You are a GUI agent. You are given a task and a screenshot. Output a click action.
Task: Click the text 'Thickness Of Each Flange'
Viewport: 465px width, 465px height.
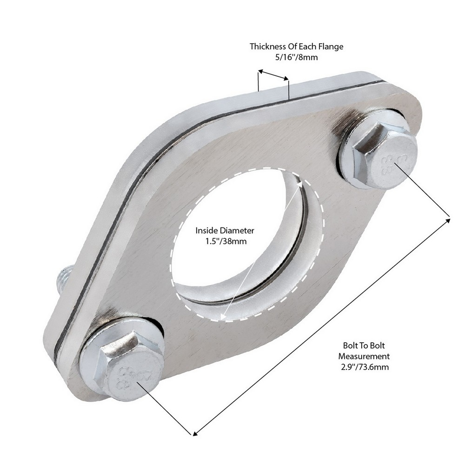point(296,46)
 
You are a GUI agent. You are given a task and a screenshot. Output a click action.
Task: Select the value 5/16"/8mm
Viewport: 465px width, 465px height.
point(296,57)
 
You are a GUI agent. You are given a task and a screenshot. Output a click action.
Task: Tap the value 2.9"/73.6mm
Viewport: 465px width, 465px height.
point(366,367)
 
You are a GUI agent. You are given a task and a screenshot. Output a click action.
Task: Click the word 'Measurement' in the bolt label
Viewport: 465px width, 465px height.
point(366,356)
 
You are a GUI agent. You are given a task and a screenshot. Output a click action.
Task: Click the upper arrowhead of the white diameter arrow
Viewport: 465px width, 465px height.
point(301,185)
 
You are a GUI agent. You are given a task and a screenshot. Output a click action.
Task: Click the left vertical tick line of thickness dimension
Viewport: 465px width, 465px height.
point(258,81)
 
